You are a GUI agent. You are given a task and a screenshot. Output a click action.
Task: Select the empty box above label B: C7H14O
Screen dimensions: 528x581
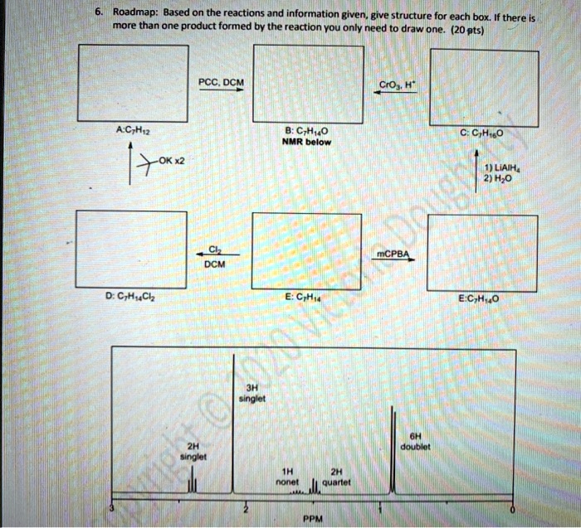pyautogui.click(x=308, y=84)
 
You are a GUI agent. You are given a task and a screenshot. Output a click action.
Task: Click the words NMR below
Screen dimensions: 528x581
pyautogui.click(x=307, y=142)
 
